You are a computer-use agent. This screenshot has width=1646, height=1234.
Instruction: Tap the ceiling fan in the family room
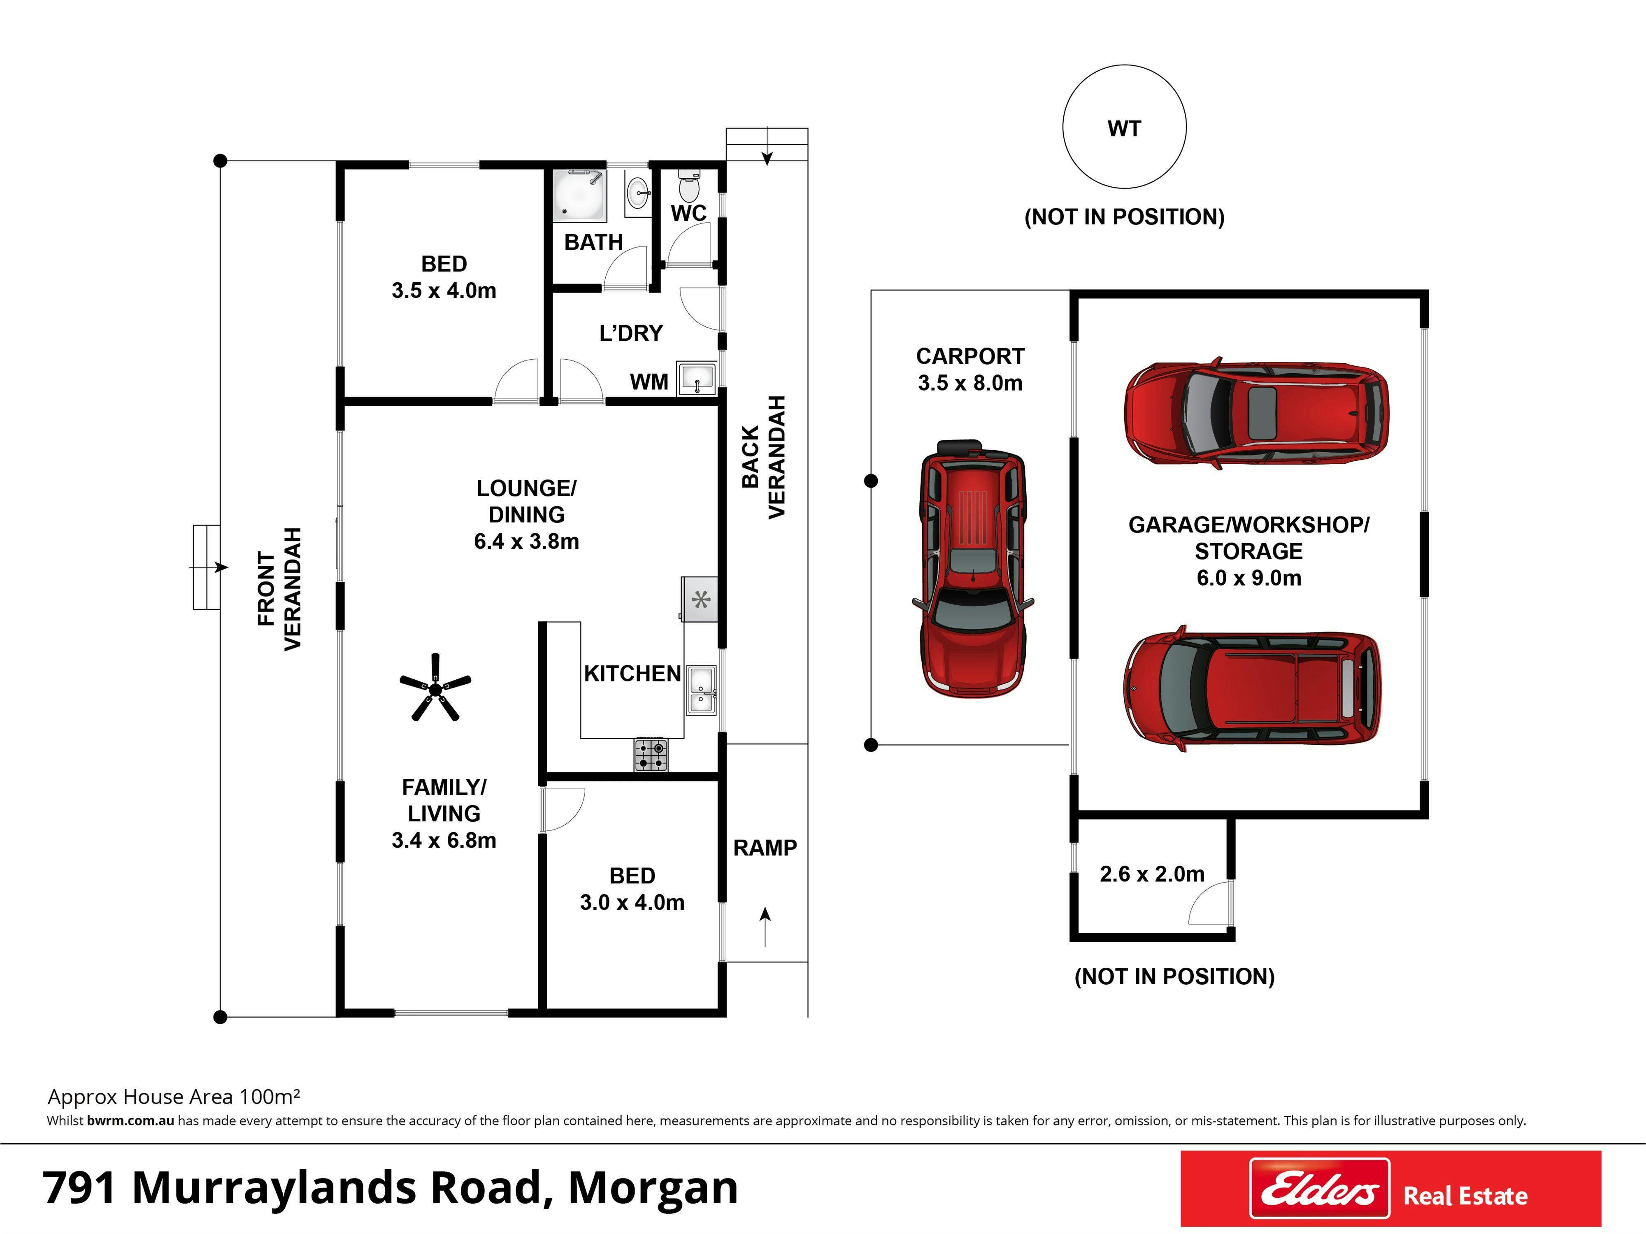click(435, 688)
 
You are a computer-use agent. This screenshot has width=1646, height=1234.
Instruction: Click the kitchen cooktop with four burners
click(650, 755)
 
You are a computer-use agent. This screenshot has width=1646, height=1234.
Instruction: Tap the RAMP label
click(765, 848)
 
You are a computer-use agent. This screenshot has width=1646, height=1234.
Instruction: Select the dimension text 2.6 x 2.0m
click(1152, 874)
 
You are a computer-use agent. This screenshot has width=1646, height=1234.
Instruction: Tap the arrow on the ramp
click(765, 927)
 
